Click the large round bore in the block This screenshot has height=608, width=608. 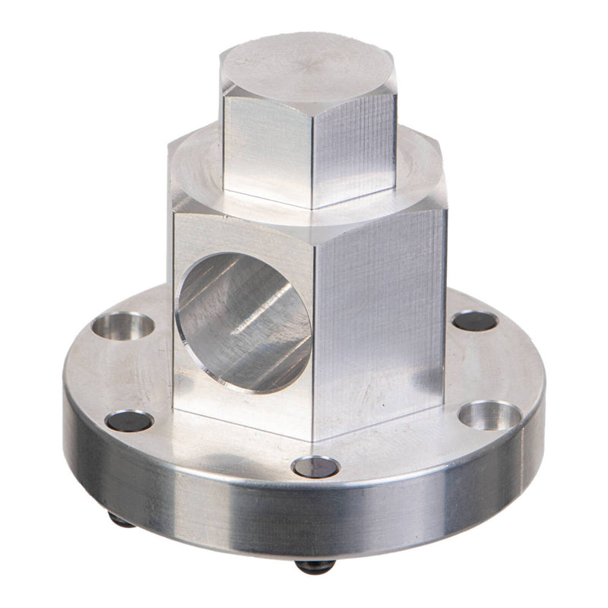click(243, 323)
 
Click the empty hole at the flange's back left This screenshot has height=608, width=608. click(123, 328)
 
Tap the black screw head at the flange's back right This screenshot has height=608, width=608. click(475, 321)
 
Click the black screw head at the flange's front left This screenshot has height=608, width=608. click(129, 420)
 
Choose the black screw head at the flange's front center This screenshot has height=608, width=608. click(315, 467)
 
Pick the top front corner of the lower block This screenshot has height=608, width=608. click(312, 226)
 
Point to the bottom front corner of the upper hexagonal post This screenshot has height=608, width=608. click(312, 207)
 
